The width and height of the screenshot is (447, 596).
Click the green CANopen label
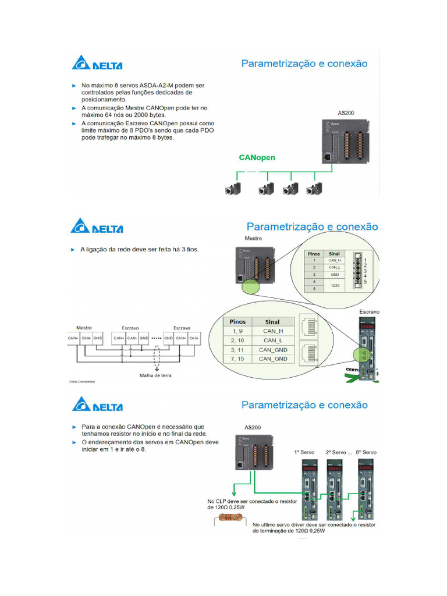(x=257, y=157)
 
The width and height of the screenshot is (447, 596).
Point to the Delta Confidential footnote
(x=78, y=383)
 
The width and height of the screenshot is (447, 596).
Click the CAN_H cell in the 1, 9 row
(x=272, y=331)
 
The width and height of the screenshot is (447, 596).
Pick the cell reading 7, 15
(x=237, y=359)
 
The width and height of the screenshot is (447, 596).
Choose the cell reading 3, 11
(x=237, y=350)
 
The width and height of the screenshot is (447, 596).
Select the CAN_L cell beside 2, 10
(x=272, y=340)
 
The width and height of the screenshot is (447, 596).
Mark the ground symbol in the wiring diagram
(x=157, y=367)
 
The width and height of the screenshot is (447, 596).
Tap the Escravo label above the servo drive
(x=368, y=311)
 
